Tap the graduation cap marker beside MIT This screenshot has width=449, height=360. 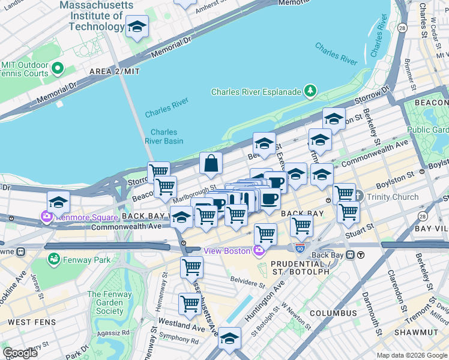(x=137, y=27)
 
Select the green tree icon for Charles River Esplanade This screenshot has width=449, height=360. (x=310, y=91)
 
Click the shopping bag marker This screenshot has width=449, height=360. (x=211, y=163)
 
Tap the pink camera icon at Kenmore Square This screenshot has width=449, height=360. (x=46, y=216)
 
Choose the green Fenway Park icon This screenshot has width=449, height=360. (x=54, y=259)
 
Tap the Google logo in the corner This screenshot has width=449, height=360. (x=20, y=352)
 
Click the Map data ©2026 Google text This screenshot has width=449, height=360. (x=411, y=355)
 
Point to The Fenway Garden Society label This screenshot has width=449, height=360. (x=106, y=302)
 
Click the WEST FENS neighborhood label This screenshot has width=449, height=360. (x=28, y=322)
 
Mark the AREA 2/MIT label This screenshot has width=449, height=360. (x=114, y=71)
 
